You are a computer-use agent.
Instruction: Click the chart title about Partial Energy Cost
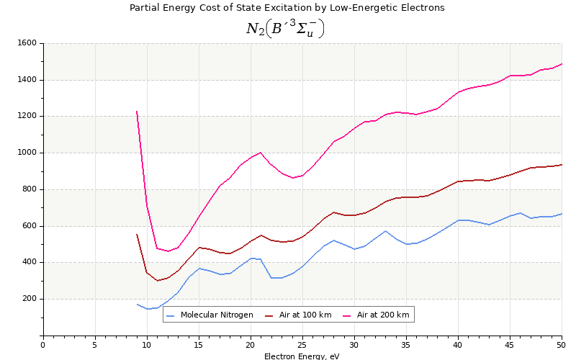click(x=287, y=8)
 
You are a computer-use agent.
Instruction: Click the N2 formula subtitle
click(x=285, y=28)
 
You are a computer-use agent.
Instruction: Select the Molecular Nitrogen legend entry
click(x=210, y=315)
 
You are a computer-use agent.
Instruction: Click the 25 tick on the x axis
click(x=302, y=345)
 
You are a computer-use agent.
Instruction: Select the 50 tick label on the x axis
click(x=562, y=345)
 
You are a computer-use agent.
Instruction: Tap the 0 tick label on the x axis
click(x=43, y=345)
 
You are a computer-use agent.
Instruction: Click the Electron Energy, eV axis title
click(x=302, y=356)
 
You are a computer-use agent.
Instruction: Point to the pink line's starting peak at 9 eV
click(x=137, y=111)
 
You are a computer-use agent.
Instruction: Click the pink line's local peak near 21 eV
click(x=261, y=152)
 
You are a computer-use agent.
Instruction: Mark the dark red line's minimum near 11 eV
click(x=157, y=281)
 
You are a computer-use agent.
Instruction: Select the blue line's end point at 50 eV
click(x=562, y=213)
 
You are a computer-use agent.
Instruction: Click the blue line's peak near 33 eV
click(x=385, y=231)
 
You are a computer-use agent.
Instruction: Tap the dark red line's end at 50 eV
click(x=562, y=164)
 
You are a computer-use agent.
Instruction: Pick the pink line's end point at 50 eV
click(x=562, y=63)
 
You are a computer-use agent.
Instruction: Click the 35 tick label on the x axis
click(x=406, y=345)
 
